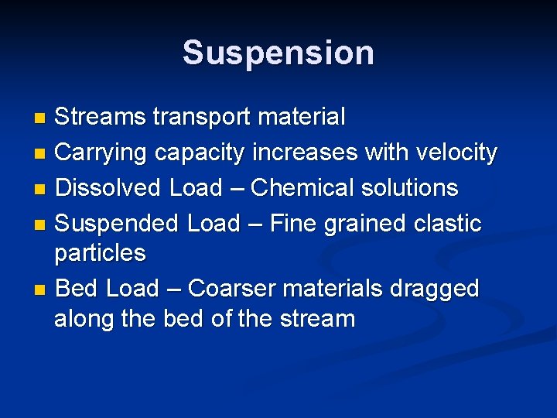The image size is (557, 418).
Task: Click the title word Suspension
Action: (x=278, y=53)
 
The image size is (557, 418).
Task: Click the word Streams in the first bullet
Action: (x=101, y=118)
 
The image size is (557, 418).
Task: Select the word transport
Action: (x=202, y=118)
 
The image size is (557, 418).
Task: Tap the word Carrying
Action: (x=102, y=152)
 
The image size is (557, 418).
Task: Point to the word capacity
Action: (x=200, y=153)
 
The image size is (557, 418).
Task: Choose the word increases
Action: (x=306, y=152)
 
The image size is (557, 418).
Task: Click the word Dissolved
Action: (x=109, y=188)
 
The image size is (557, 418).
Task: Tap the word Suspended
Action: (x=118, y=224)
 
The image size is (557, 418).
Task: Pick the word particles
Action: (x=100, y=254)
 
